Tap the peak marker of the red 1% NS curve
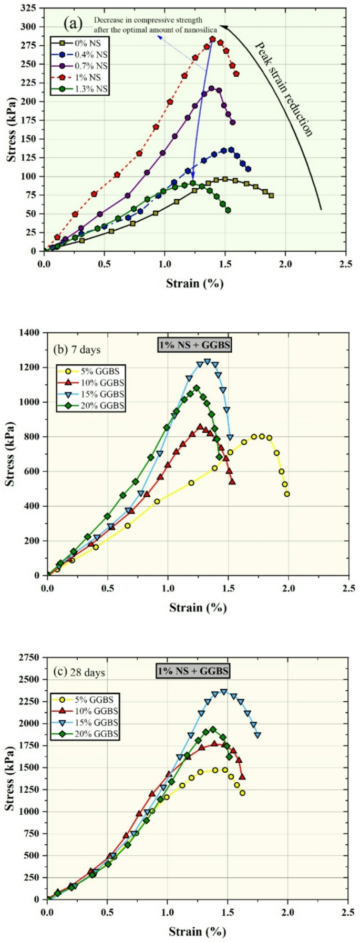point(212,39)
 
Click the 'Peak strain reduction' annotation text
point(284,89)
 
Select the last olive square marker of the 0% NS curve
point(271,196)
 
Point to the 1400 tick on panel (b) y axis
point(31,333)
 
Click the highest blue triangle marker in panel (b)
point(207,362)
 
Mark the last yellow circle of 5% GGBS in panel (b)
point(287,494)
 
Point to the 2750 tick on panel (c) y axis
point(31,657)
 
